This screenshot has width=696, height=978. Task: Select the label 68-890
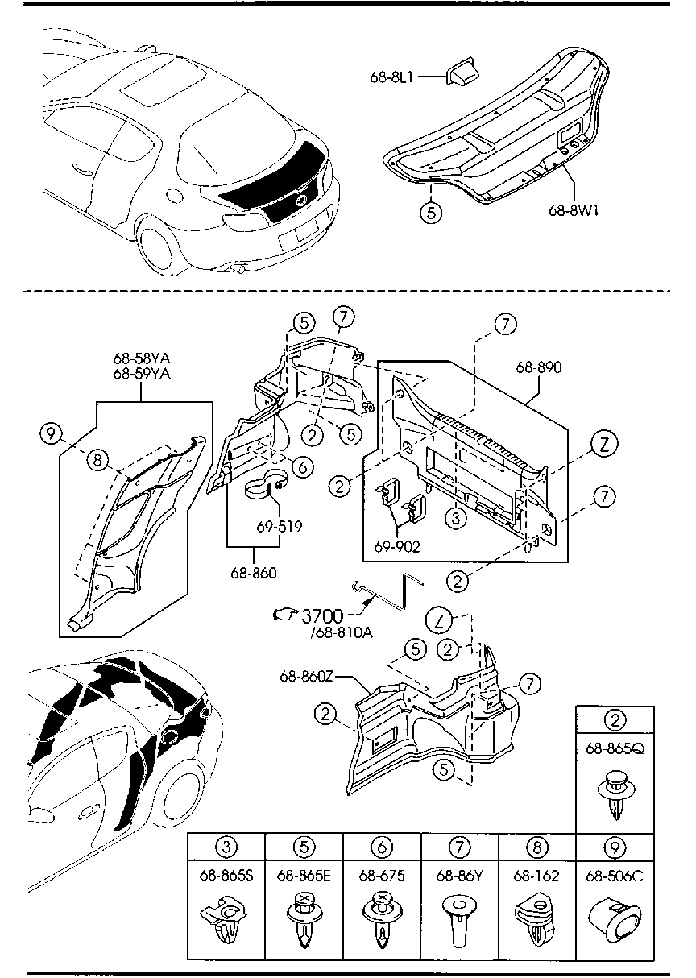pos(540,367)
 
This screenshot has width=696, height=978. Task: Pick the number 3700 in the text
pos(322,616)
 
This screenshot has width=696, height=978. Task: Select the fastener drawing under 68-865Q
pos(615,794)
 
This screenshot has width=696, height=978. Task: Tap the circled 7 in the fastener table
pos(458,847)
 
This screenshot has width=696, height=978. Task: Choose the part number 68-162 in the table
pos(537,876)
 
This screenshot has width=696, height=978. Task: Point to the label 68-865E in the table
pos(304,876)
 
